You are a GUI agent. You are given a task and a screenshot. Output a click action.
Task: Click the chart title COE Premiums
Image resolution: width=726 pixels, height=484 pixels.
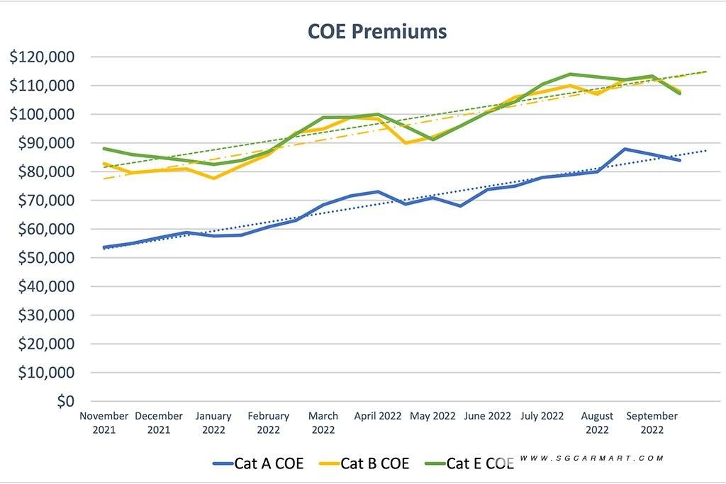point(376,32)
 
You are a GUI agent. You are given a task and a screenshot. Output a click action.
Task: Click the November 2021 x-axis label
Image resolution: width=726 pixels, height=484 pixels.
point(104,422)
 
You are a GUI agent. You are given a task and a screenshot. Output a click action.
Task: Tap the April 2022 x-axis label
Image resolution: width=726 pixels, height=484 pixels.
point(378,416)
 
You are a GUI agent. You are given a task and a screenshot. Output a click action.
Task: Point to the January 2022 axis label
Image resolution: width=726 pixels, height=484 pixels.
point(213,422)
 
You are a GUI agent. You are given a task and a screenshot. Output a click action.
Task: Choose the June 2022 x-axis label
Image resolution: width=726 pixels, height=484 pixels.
point(488,416)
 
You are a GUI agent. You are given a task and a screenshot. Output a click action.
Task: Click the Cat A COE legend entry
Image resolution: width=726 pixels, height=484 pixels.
point(258,463)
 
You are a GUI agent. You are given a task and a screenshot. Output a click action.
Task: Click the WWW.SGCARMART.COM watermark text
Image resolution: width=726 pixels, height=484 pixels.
point(592,458)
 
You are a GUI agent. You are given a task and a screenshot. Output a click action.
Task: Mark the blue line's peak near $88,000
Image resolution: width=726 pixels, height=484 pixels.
point(625,149)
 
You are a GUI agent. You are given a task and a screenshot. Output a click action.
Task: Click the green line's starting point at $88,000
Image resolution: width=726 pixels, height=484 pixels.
point(104,149)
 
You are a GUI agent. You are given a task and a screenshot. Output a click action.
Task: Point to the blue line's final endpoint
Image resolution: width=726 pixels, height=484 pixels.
point(680,160)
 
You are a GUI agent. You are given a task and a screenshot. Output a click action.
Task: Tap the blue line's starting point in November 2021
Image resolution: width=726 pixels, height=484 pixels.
point(104,247)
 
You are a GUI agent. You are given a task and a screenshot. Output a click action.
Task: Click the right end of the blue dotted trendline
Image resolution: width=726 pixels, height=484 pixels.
point(706,150)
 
